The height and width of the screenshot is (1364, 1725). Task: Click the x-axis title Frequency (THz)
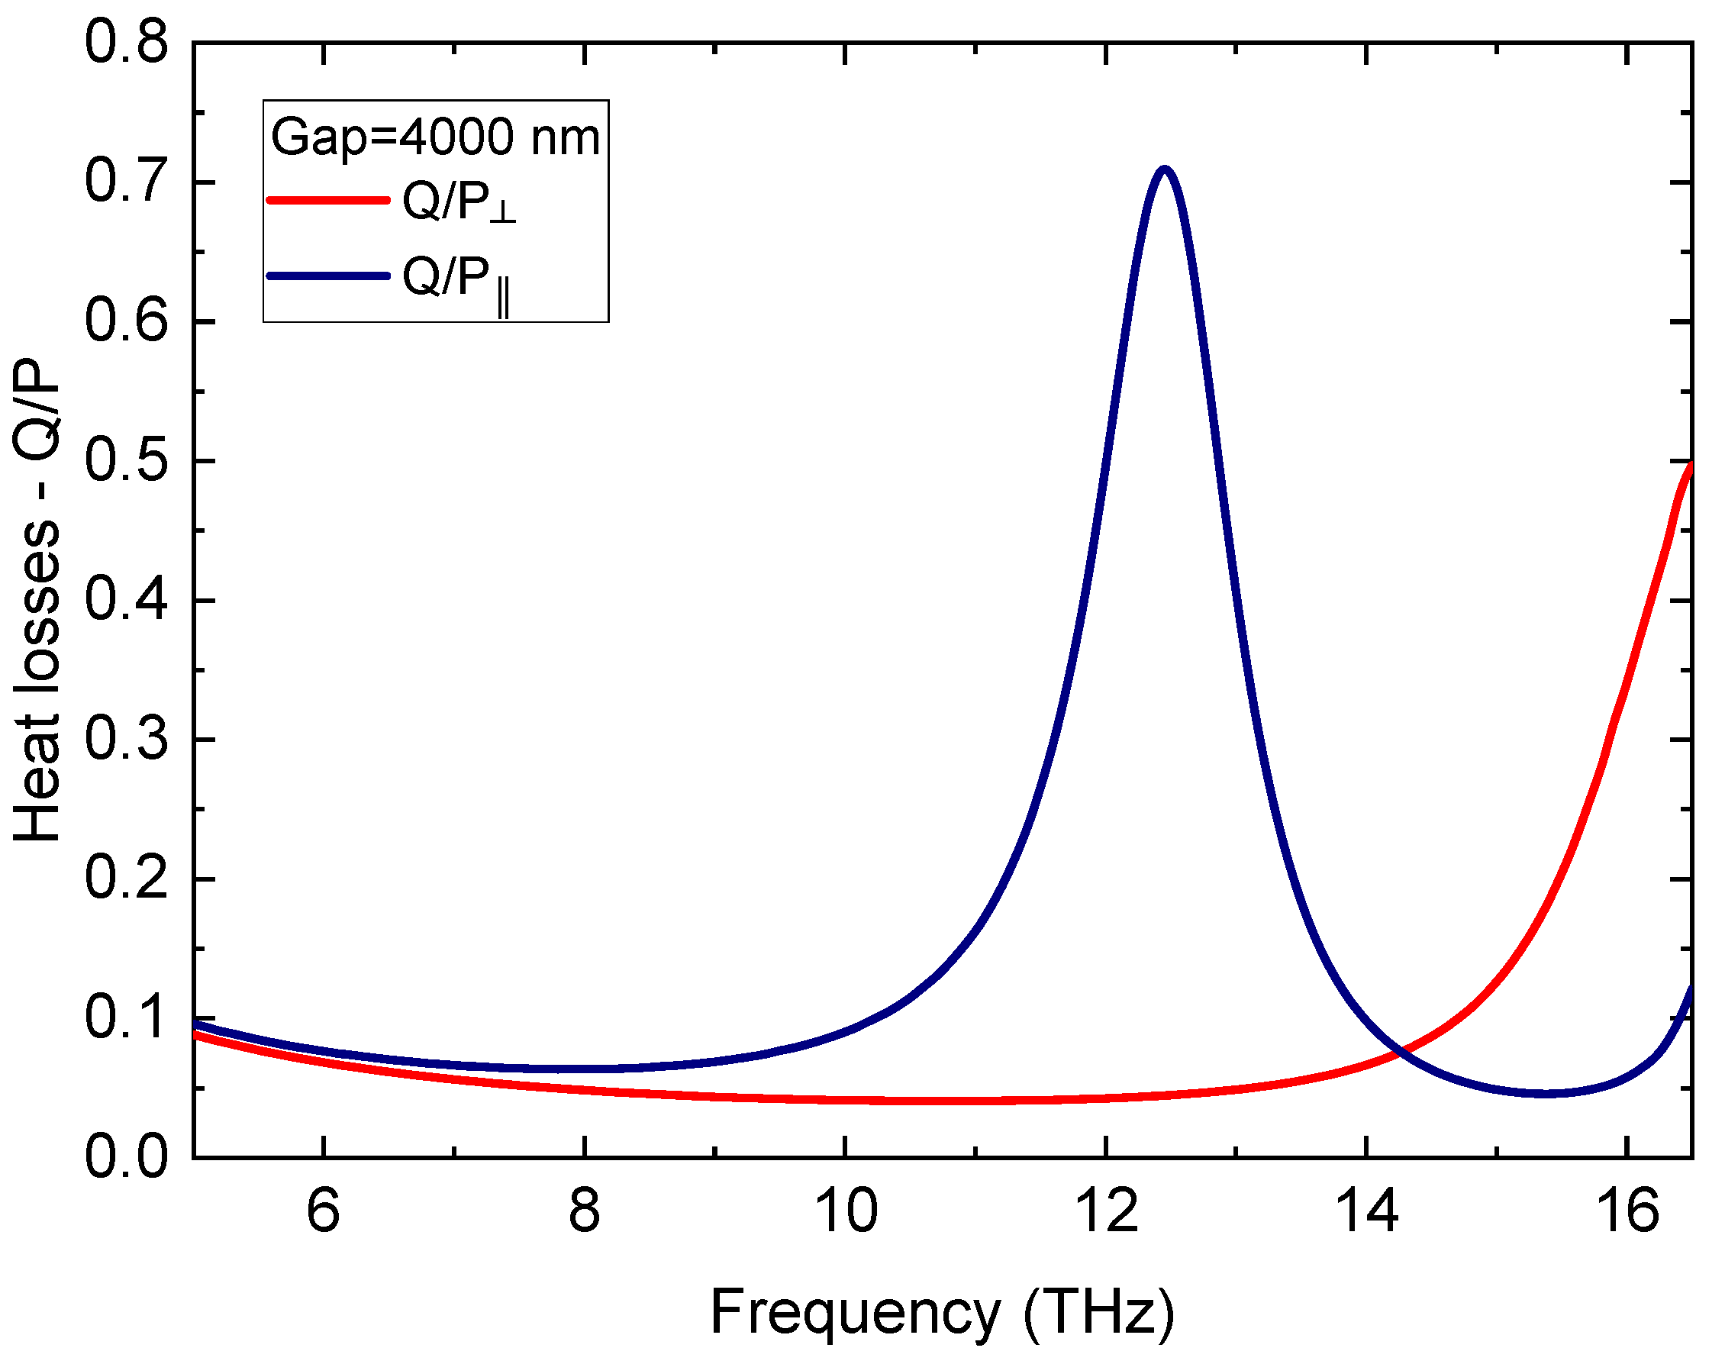tap(943, 1311)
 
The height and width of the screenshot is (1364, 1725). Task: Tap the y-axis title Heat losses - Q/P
tap(37, 599)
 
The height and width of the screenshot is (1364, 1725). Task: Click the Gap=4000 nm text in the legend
tap(435, 137)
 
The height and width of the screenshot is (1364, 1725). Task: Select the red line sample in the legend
tap(328, 200)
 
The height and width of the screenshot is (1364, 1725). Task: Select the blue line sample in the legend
tap(328, 276)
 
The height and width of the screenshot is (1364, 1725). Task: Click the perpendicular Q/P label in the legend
tap(459, 202)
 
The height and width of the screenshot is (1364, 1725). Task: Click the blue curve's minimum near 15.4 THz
tap(1546, 1093)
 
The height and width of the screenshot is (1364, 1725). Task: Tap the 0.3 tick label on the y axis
tap(125, 739)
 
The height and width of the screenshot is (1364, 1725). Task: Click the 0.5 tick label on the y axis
tap(125, 460)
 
